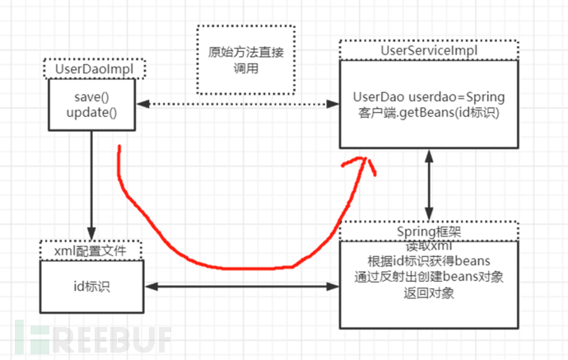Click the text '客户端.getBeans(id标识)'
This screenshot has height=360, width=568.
click(428, 111)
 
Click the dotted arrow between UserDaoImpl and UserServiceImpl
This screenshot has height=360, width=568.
click(239, 104)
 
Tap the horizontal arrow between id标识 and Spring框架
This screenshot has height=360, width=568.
click(242, 286)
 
